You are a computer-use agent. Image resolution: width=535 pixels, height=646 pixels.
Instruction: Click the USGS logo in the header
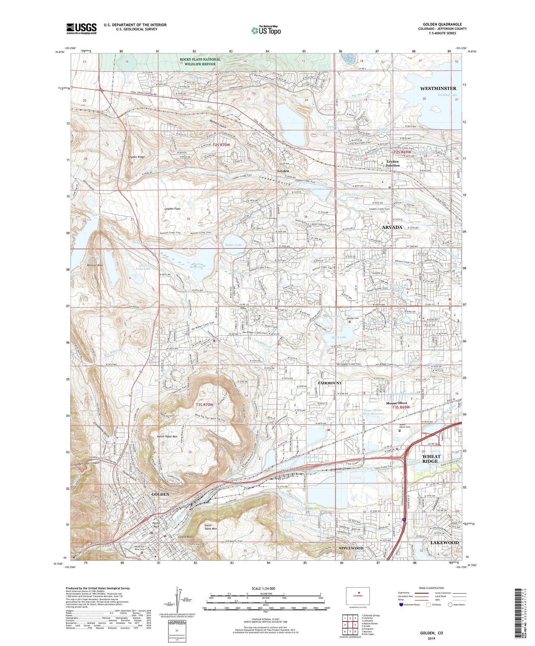pyautogui.click(x=81, y=28)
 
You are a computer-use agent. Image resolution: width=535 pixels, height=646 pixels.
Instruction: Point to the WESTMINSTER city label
pyautogui.click(x=438, y=88)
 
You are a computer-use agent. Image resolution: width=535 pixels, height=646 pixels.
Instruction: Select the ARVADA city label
pyautogui.click(x=392, y=227)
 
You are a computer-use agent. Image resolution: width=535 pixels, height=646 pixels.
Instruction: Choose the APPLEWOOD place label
pyautogui.click(x=351, y=548)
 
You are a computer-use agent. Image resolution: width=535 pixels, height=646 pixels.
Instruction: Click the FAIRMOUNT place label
pyautogui.click(x=329, y=383)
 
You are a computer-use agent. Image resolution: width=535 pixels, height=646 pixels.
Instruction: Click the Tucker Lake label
pyautogui.click(x=234, y=245)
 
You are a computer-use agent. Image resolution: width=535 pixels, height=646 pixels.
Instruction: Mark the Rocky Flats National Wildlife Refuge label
pyautogui.click(x=200, y=61)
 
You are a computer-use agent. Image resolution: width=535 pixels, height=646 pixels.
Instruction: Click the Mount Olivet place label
pyautogui.click(x=397, y=403)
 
